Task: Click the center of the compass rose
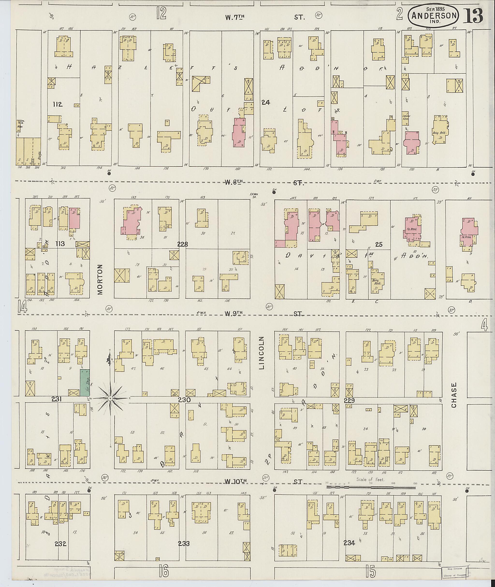tap(110, 398)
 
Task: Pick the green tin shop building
tap(85, 383)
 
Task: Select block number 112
tap(58, 105)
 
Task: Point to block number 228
tap(182, 244)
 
